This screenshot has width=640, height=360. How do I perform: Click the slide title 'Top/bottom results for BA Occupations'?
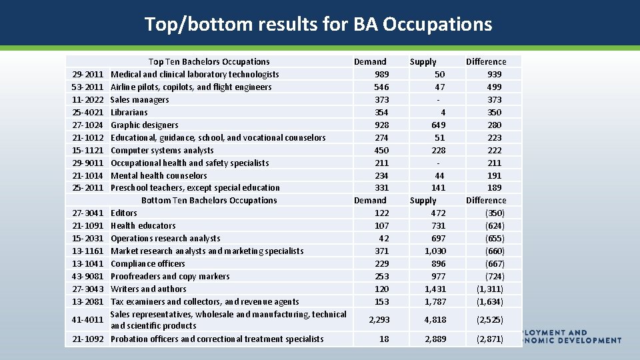319,25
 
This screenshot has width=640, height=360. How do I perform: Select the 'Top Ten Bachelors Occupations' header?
209,61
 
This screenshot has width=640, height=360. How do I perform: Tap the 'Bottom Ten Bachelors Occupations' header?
209,200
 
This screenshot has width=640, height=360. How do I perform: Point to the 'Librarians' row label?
129,112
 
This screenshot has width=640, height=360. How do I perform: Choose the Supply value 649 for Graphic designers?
438,125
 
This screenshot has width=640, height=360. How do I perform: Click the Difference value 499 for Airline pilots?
494,87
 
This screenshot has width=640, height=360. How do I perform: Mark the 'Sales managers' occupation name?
140,99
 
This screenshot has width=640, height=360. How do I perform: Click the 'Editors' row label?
124,213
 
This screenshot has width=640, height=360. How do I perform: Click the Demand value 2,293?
378,320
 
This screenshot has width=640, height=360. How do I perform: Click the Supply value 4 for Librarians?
443,112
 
